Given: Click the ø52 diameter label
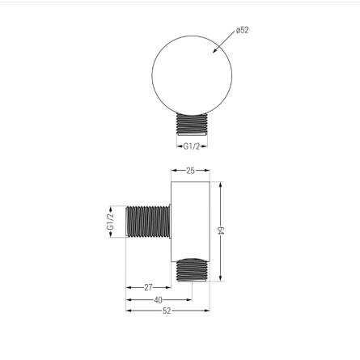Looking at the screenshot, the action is [x=242, y=30].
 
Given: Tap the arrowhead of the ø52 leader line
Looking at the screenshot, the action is [x=215, y=51].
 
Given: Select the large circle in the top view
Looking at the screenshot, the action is [x=152, y=75].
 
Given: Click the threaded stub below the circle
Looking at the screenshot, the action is [x=192, y=124].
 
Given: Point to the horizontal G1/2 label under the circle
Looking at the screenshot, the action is [x=192, y=146].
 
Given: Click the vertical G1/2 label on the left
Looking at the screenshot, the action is [x=110, y=222].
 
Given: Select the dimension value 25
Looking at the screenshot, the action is [x=190, y=171].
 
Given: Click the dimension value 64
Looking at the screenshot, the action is [x=221, y=231].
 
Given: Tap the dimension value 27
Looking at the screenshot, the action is [x=148, y=287].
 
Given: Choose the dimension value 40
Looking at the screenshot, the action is [x=159, y=299].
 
